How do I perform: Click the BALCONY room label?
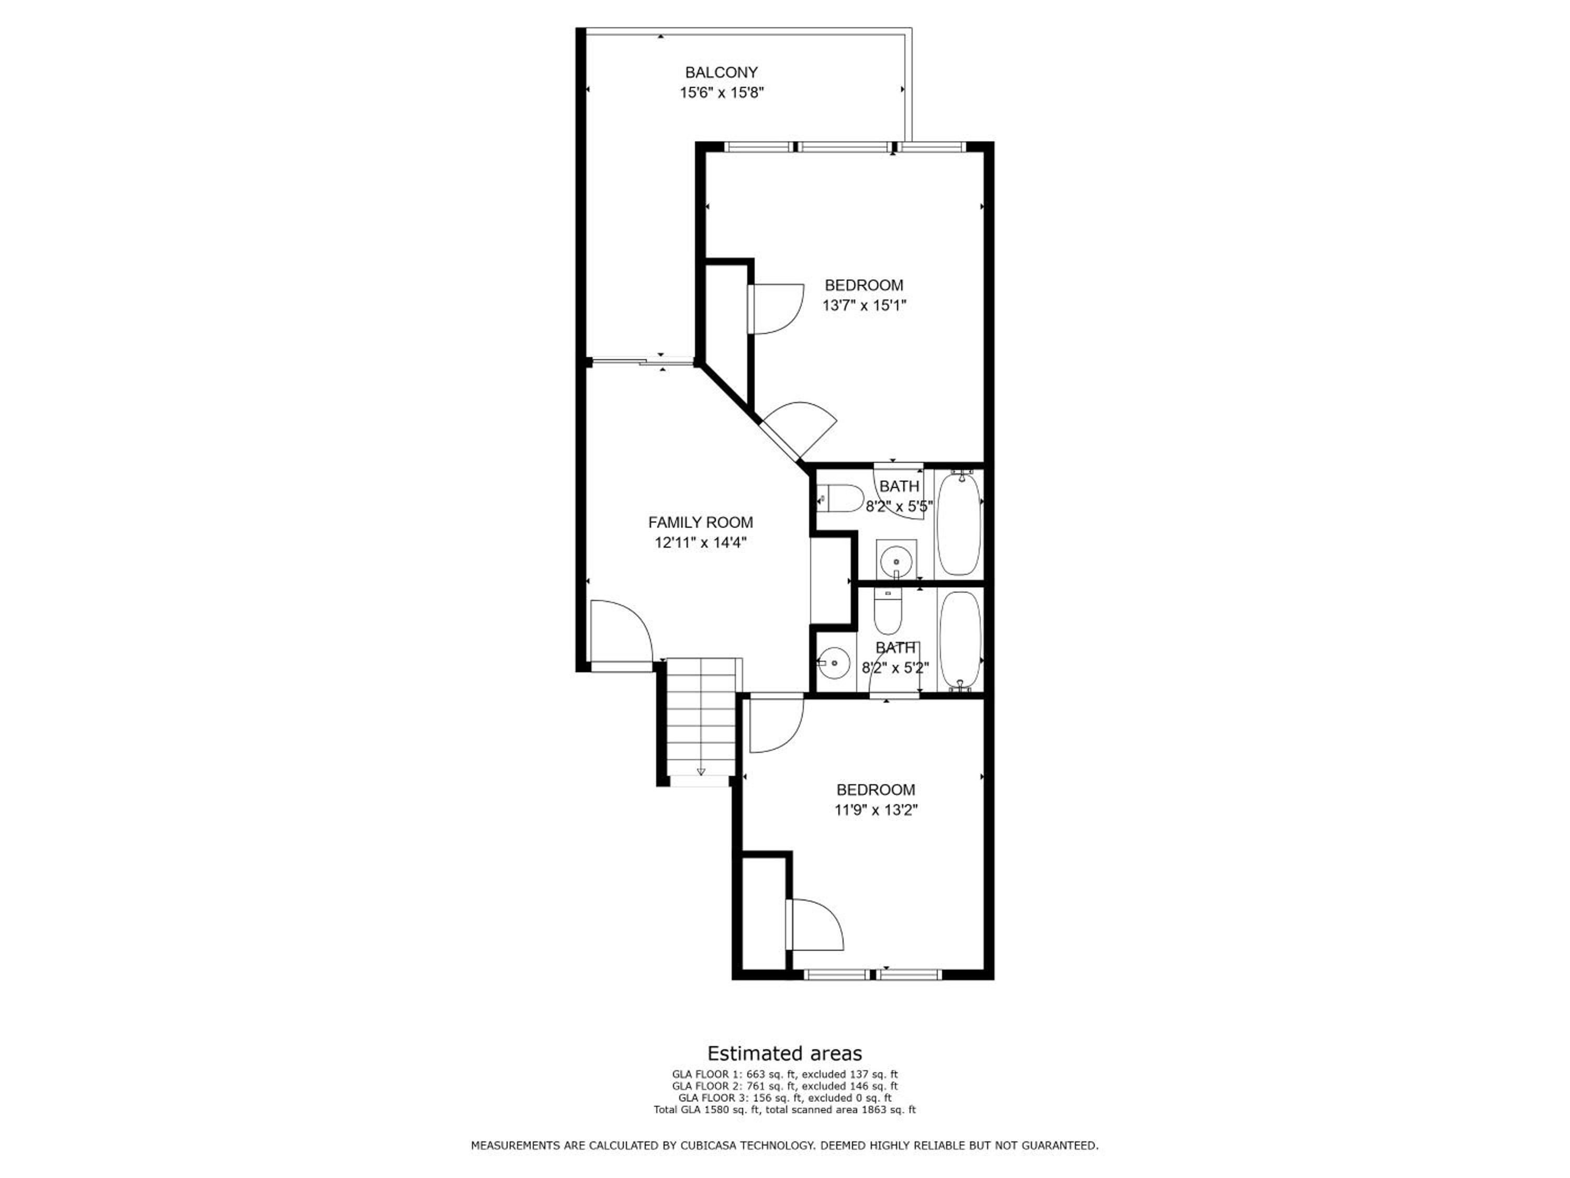point(721,72)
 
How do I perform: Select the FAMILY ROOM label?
point(701,523)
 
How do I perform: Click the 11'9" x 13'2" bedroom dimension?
point(876,810)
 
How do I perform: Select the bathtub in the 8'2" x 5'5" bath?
point(959,524)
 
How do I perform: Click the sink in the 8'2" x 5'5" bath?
point(896,560)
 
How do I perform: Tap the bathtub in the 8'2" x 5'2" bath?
point(960,640)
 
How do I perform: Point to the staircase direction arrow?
point(701,772)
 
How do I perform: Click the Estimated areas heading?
point(784,1053)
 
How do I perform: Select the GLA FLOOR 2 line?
point(784,1086)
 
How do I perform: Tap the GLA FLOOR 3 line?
point(784,1098)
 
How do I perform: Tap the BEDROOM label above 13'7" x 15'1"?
point(864,285)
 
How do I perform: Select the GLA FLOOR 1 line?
point(784,1074)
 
